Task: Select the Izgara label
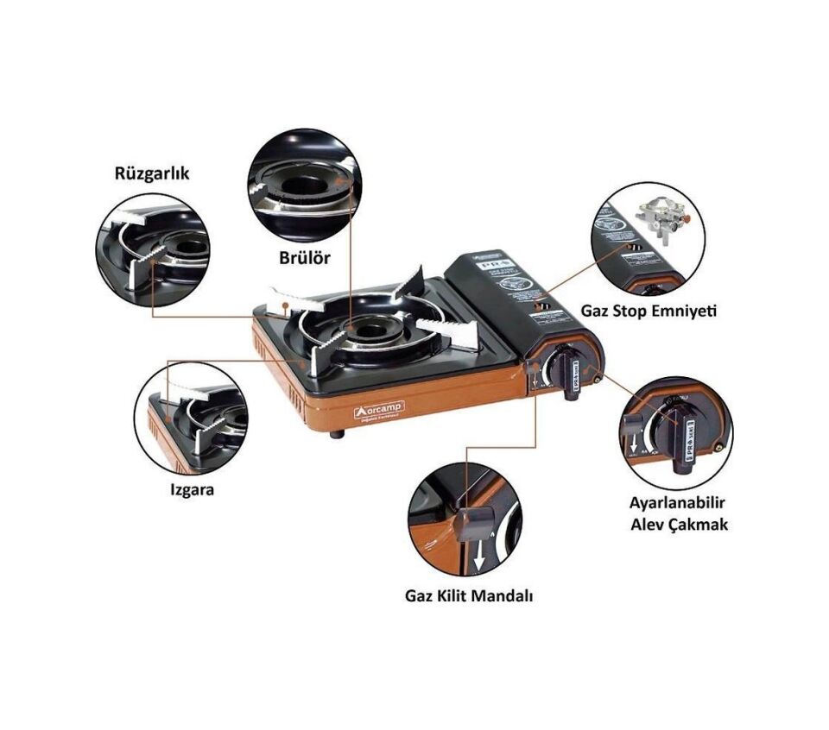190,490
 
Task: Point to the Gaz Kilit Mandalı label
467,595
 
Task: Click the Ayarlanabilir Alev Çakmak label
678,513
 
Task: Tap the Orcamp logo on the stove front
378,407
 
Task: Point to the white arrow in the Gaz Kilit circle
478,560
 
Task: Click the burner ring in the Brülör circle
302,186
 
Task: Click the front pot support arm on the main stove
320,355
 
